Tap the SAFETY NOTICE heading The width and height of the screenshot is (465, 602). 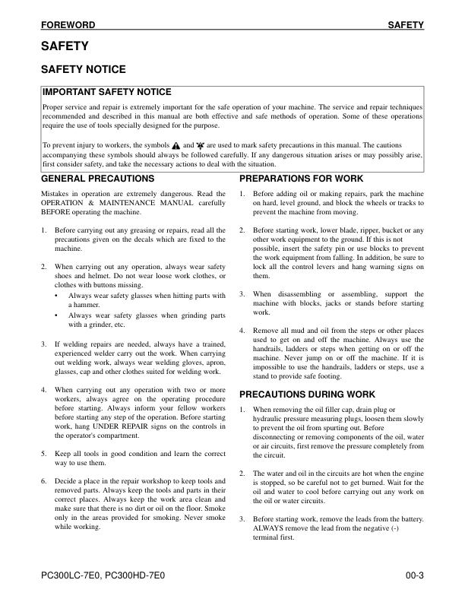[83, 69]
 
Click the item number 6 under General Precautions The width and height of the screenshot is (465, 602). [44, 481]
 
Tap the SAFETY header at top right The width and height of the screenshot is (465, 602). [406, 25]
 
